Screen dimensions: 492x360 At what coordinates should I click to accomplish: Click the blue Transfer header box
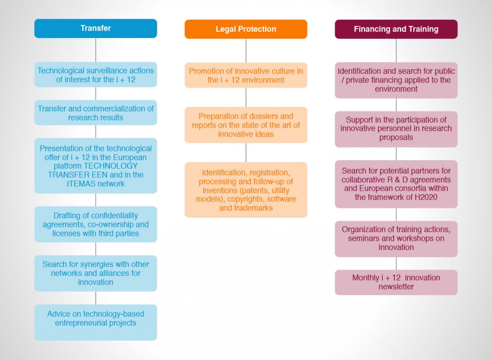click(96, 28)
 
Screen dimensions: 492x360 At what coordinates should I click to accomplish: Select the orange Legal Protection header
click(246, 29)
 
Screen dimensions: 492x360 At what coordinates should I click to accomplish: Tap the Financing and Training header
click(396, 29)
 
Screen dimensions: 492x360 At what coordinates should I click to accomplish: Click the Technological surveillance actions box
click(96, 74)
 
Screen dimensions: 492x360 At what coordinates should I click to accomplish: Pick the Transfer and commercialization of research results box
click(96, 112)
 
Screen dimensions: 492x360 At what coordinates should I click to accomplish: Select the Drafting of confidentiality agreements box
click(96, 224)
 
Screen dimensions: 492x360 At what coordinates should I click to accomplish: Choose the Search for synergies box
click(96, 273)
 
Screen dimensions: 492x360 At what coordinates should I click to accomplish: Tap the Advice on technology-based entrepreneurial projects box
click(96, 323)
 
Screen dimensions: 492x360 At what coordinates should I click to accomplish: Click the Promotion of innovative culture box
click(246, 75)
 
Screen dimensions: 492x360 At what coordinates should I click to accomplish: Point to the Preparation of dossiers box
click(246, 125)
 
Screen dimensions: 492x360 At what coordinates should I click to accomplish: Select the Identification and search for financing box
click(396, 80)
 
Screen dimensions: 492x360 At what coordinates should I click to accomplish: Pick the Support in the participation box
click(396, 129)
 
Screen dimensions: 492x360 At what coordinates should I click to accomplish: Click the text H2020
click(426, 198)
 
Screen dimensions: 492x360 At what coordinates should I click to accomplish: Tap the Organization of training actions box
click(396, 239)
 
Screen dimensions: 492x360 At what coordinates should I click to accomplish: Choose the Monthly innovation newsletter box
click(396, 283)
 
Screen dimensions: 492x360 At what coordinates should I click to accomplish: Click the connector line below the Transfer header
click(96, 50)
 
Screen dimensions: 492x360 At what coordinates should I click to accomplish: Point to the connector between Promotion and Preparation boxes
click(246, 97)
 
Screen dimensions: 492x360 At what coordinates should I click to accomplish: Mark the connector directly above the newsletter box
click(396, 263)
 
